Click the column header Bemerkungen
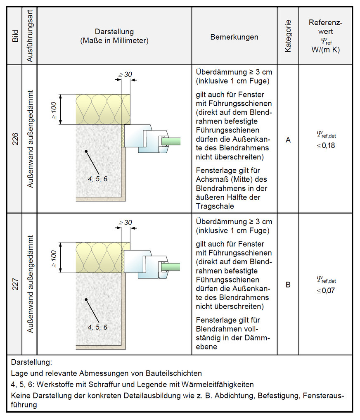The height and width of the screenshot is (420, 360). (234, 37)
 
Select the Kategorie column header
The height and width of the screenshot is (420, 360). (288, 36)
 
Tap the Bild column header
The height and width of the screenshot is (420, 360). (16, 36)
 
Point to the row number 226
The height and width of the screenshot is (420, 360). (16, 139)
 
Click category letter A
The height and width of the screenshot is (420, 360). (288, 140)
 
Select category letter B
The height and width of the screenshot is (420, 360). (288, 285)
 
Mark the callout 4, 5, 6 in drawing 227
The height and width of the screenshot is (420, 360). (98, 327)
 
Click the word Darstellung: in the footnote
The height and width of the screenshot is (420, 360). (31, 363)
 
